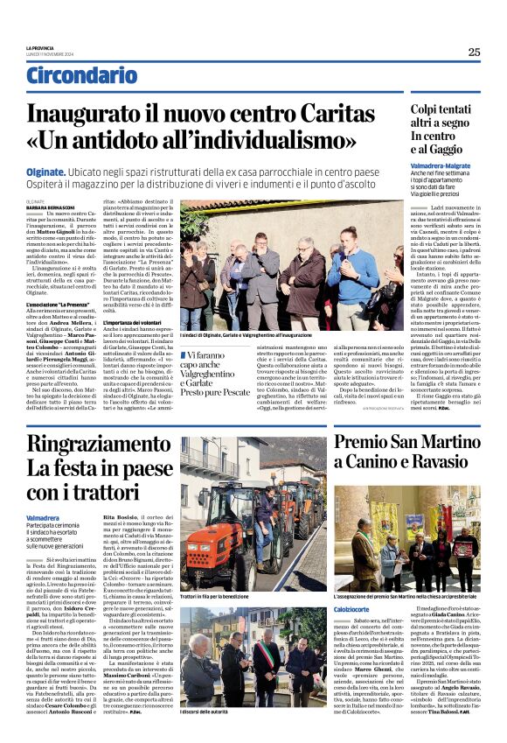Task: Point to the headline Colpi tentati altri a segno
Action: pos(427,117)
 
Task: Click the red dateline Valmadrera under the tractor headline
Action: pos(68,518)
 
